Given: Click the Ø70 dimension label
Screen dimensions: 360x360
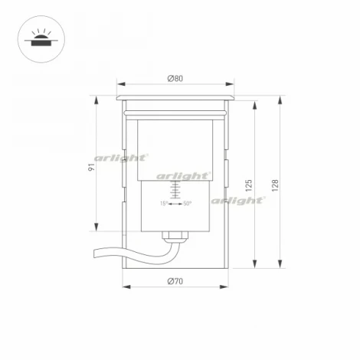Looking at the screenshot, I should (175, 281).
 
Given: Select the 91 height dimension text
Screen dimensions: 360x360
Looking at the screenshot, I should (90, 167).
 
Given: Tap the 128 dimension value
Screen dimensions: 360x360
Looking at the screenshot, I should (275, 185).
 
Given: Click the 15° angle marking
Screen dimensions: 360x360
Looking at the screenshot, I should (163, 204).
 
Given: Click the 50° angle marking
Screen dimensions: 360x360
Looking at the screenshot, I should (187, 204).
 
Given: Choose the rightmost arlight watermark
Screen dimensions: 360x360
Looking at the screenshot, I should (237, 200).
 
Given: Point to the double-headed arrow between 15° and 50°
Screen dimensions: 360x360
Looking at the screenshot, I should (175, 204).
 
